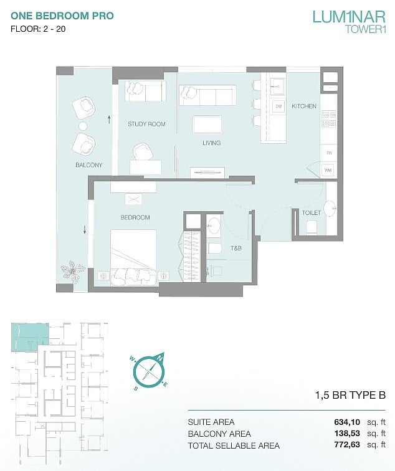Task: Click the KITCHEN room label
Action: [x=303, y=106]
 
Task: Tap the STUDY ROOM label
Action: [x=146, y=124]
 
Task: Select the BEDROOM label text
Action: [x=135, y=217]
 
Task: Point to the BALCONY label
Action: [x=89, y=165]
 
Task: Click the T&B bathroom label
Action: [x=236, y=248]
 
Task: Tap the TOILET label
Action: [x=311, y=212]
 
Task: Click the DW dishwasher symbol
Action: [x=278, y=107]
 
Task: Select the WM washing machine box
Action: [x=328, y=170]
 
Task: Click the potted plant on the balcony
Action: [x=72, y=271]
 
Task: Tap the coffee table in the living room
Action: [x=208, y=125]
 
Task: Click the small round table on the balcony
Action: [x=83, y=126]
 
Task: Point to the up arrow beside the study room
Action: [x=109, y=120]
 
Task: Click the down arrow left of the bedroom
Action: [x=85, y=229]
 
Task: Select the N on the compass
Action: [x=160, y=358]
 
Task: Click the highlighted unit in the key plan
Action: [x=29, y=336]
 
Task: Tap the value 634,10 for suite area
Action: [x=347, y=422]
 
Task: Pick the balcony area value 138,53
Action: [x=347, y=434]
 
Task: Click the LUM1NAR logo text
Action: [x=349, y=17]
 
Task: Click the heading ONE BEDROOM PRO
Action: [x=62, y=16]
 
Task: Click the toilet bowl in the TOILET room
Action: [x=311, y=227]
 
